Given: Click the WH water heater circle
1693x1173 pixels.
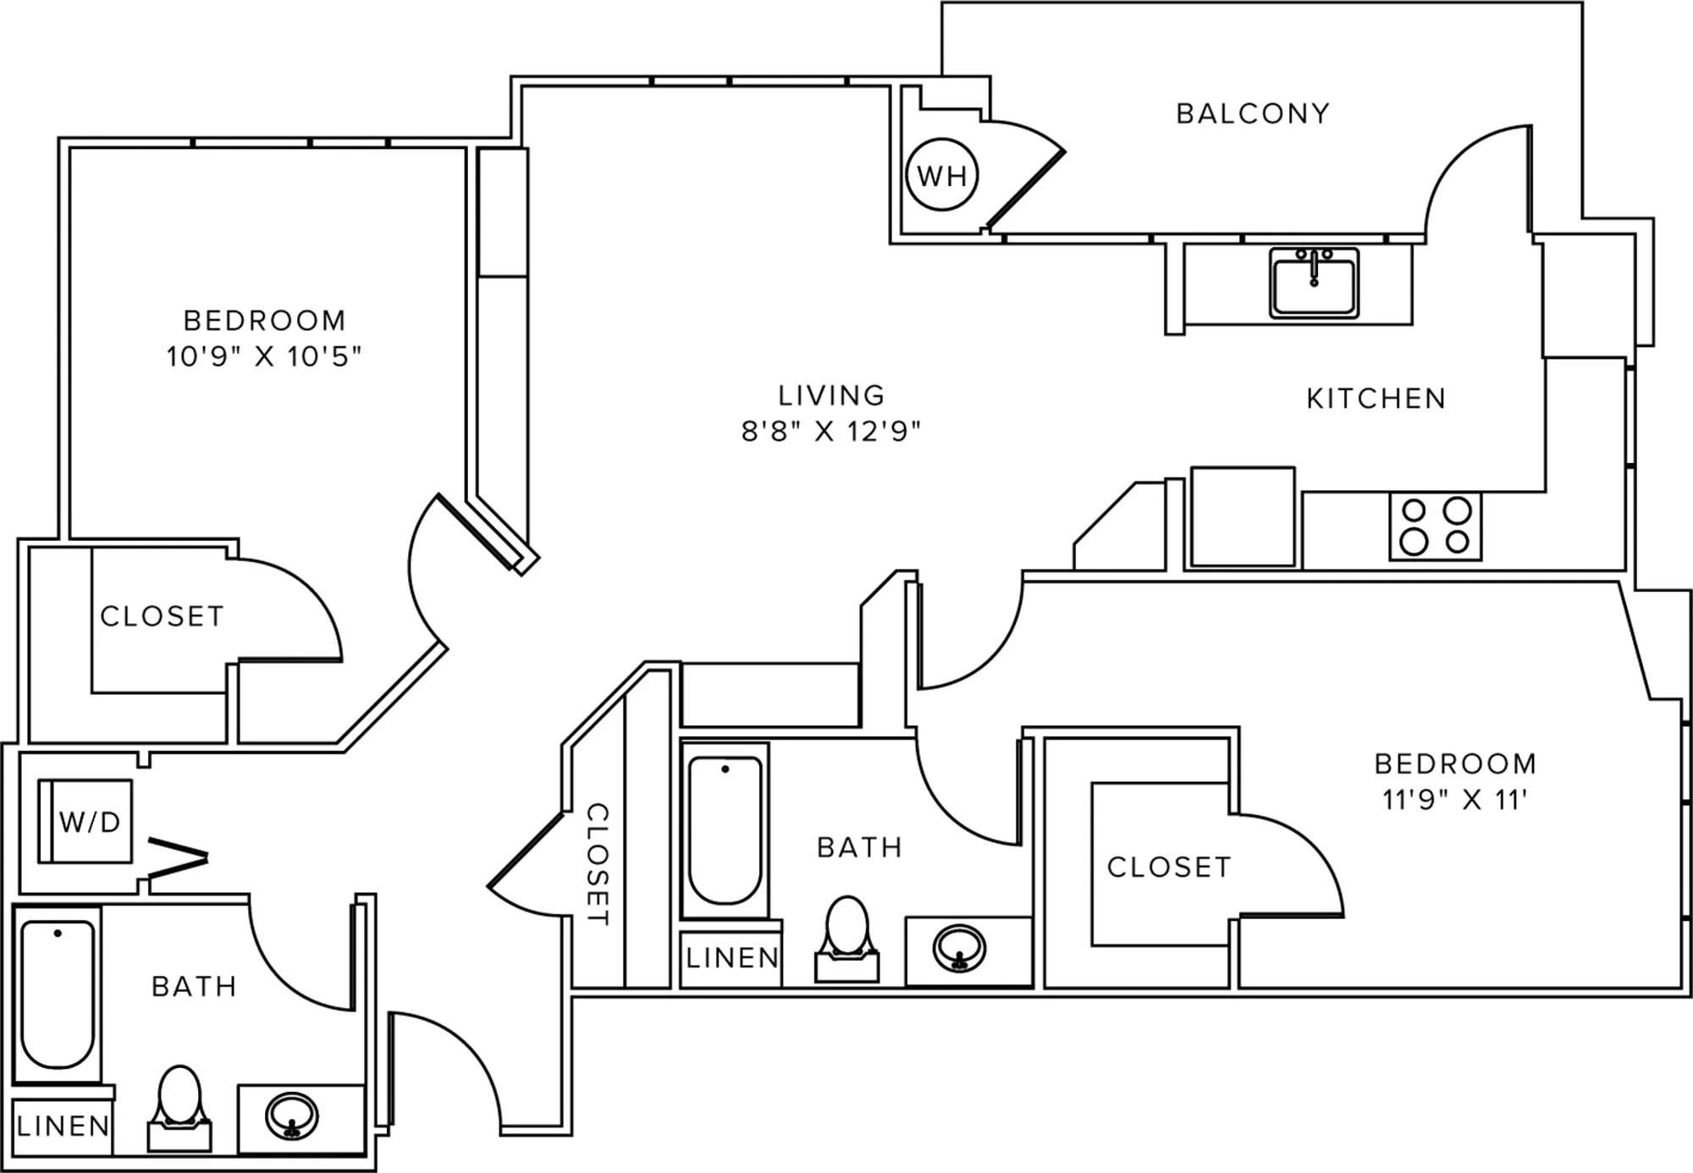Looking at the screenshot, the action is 942,174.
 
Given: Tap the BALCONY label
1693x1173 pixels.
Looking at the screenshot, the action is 1253,113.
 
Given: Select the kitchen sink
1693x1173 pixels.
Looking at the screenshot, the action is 1314,283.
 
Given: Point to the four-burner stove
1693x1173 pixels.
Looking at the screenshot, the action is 1436,526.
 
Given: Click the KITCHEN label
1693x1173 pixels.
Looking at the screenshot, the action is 1376,399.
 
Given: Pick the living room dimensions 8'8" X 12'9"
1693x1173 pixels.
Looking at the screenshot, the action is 830,432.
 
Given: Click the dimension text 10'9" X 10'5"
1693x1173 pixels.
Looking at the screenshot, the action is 263,356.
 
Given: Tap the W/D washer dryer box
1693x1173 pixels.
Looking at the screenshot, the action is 85,821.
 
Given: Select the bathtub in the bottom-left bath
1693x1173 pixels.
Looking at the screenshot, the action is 58,995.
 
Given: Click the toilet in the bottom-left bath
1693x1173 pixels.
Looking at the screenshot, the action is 179,1109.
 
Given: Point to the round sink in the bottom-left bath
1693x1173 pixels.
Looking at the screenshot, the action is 291,1117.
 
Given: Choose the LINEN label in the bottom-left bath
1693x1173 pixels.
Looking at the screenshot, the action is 63,1126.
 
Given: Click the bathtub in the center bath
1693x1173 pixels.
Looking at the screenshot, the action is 725,831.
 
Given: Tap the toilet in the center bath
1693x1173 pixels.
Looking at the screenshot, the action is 846,939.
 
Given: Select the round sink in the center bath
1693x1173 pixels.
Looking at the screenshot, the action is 959,947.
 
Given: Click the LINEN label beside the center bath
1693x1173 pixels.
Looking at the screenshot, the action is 732,958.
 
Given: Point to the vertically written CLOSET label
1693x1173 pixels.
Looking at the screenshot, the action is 598,864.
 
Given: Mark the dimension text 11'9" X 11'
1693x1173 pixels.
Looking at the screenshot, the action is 1455,800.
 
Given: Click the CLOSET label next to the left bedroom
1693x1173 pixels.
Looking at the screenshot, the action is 162,616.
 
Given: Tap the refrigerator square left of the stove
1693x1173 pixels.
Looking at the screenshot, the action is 1243,516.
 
